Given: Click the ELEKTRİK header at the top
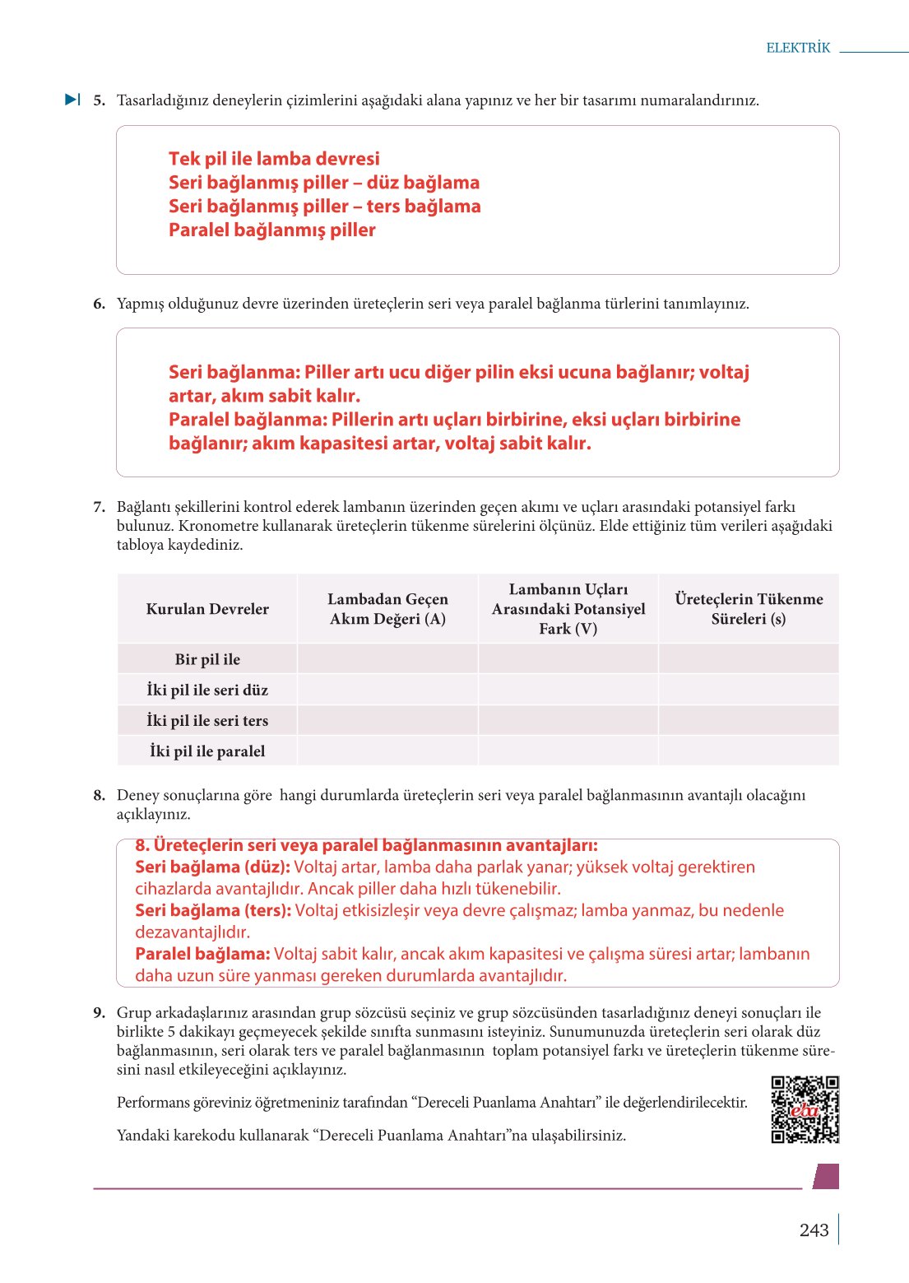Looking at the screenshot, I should pos(798,48).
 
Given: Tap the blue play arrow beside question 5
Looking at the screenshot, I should pos(72,100).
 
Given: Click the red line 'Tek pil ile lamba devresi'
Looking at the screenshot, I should pos(274,159).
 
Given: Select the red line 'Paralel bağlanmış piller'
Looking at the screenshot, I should pos(271,230).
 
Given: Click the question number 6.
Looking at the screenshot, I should pos(99,304).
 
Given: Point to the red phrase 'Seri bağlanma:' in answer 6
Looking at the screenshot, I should pos(234,372).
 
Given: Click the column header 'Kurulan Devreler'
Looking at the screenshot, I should pos(207,609).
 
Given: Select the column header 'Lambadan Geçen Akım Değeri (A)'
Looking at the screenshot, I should pos(387,609).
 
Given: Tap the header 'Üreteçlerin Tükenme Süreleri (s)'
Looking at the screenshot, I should pos(749,609).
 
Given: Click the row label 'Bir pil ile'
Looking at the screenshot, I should pos(207,659).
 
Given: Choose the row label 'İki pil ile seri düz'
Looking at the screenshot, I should pos(207,690).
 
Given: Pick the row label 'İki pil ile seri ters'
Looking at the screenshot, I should pos(207,720).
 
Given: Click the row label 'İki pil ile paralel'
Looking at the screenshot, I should pos(207,751).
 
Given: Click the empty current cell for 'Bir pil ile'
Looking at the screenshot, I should pos(387,659).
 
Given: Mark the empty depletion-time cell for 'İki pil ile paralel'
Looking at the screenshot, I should pos(749,751).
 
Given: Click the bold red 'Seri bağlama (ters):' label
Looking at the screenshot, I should pos(213,910).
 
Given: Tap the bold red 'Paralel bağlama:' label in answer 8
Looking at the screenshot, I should pos(202,954).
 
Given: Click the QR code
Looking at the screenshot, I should pos(805,1109).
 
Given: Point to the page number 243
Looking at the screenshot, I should pos(814,1230).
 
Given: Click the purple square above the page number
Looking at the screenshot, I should pos(826,1176).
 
